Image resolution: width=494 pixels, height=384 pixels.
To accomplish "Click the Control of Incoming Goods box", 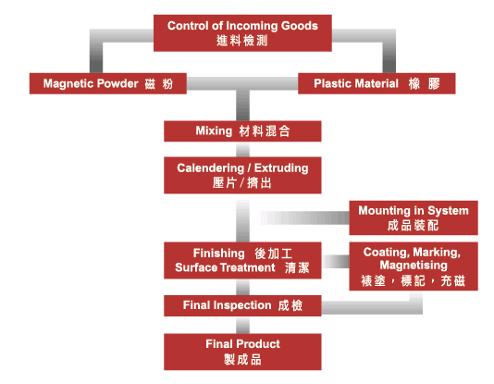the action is (242, 33).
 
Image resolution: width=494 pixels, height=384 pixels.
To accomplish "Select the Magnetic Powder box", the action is (108, 83).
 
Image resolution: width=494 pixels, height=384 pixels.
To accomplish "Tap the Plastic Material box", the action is (377, 83).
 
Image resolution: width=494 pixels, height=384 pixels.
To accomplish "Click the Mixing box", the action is (242, 131).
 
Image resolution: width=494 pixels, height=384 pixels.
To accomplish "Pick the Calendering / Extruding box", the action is (242, 175).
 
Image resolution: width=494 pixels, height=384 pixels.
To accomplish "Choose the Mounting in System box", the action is (414, 217).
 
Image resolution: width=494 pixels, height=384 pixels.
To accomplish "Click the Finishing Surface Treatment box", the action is (242, 261).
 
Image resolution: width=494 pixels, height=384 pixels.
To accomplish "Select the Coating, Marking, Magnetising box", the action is (414, 266).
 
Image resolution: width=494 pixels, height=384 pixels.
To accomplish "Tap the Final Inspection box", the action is (242, 305).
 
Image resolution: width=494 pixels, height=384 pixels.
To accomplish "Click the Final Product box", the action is (242, 352).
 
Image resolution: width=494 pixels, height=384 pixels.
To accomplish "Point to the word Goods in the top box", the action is (300, 26).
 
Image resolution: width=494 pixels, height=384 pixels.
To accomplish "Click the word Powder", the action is (117, 83).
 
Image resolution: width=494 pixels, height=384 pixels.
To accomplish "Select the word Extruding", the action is (281, 168).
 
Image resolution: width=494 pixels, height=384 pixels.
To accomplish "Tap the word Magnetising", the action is (414, 266).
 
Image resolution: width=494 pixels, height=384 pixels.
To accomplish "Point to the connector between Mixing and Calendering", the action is (242, 149).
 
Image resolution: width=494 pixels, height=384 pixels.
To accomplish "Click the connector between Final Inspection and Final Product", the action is (242, 325).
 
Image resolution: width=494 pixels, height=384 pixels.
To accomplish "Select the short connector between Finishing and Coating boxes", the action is (336, 261).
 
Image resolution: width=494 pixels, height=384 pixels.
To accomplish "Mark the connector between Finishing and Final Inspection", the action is (242, 287).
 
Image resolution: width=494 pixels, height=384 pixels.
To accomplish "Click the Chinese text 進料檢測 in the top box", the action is (242, 41).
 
